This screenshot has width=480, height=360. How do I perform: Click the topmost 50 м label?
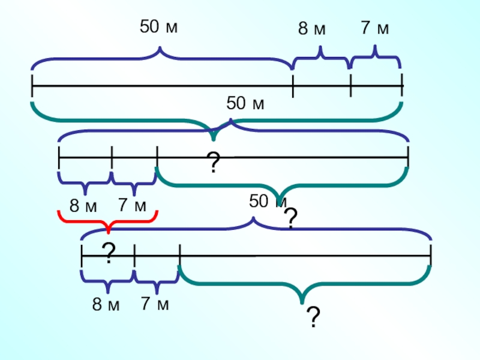point(158,28)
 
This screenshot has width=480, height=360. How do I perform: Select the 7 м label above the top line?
point(375,28)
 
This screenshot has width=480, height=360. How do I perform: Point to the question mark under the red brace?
point(108,254)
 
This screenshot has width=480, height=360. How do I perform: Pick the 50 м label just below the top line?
point(245,104)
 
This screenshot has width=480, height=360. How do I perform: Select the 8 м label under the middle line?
point(83,206)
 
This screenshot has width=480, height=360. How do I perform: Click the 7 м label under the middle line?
point(132,205)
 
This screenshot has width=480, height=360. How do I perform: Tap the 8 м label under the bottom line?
point(106,304)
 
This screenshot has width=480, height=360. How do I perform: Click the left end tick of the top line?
point(32,86)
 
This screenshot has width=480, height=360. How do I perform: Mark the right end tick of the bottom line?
point(431,257)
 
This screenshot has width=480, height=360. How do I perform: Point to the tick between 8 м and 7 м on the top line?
point(350,86)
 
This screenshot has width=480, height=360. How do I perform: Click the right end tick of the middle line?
point(408,158)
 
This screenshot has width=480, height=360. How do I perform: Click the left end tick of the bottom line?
point(82,257)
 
